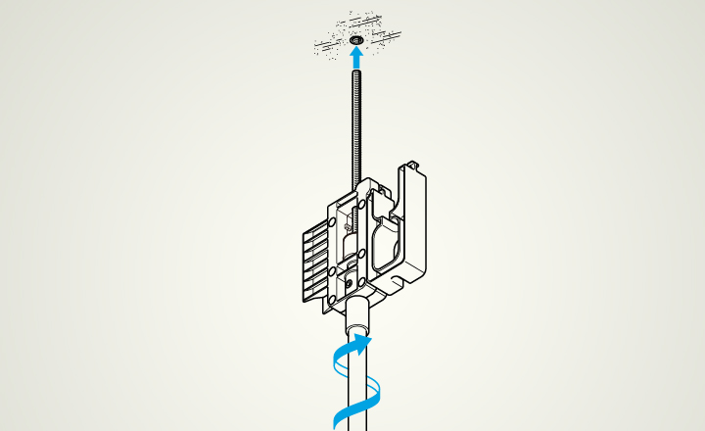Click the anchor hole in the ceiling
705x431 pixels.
pos(354,39)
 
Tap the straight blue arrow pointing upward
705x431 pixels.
pos(354,59)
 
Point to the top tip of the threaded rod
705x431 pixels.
pos(354,72)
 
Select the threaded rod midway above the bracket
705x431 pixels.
pos(354,127)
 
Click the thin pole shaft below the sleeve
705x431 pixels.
pos(357,392)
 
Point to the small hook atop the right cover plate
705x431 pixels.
pos(414,164)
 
